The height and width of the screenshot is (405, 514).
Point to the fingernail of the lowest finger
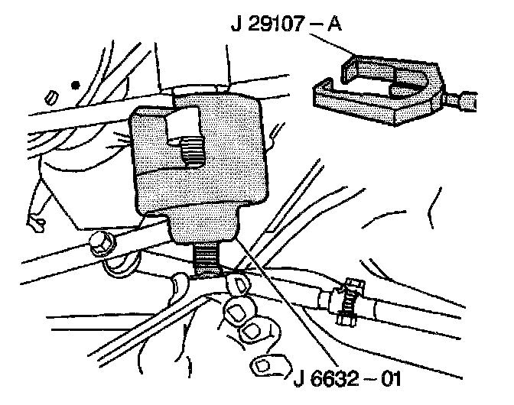click(266, 364)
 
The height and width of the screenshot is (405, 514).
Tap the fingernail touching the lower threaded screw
click(236, 285)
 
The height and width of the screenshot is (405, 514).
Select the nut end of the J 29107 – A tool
click(466, 99)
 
